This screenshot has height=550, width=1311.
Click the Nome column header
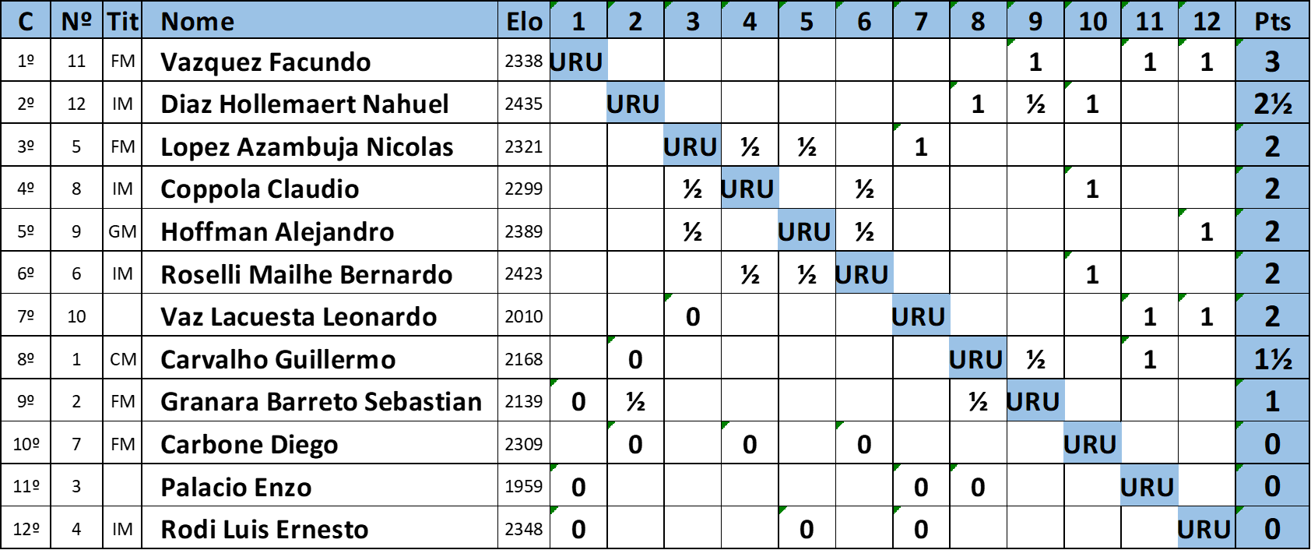[x=319, y=21]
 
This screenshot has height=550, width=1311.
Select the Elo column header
[x=524, y=21]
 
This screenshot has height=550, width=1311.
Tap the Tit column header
[x=122, y=21]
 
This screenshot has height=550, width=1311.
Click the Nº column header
[x=76, y=21]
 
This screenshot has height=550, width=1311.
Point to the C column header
[x=25, y=21]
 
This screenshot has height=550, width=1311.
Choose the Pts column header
[x=1272, y=21]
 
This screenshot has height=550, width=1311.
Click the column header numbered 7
[x=921, y=21]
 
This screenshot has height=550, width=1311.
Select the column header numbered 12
[x=1207, y=21]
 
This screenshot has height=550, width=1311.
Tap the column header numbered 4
[x=750, y=21]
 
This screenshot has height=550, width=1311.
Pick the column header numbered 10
[x=1092, y=21]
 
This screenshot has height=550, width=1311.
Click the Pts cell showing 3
[x=1272, y=62]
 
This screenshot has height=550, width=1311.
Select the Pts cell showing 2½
[x=1272, y=104]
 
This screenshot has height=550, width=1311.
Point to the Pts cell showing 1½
[x=1272, y=358]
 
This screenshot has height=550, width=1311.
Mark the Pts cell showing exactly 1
[x=1272, y=401]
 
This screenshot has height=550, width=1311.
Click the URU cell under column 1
[x=578, y=62]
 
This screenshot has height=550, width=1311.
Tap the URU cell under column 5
[x=806, y=231]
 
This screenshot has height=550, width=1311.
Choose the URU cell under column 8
[x=977, y=358]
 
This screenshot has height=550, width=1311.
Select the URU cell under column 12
[x=1206, y=528]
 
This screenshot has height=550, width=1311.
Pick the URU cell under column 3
[x=692, y=146]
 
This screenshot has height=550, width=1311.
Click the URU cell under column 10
[x=1091, y=443]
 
